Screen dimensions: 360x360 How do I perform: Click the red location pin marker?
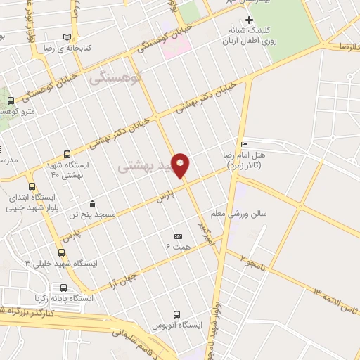pyautogui.click(x=181, y=165)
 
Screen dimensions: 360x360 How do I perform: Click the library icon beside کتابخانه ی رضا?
pyautogui.click(x=67, y=37)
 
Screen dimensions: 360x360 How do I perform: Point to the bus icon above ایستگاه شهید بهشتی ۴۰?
pyautogui.click(x=67, y=154)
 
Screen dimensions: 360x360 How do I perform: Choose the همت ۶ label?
pyautogui.click(x=177, y=247)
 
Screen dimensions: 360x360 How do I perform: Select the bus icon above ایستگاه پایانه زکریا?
pyautogui.click(x=64, y=288)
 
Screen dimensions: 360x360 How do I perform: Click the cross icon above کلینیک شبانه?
pyautogui.click(x=248, y=19)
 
